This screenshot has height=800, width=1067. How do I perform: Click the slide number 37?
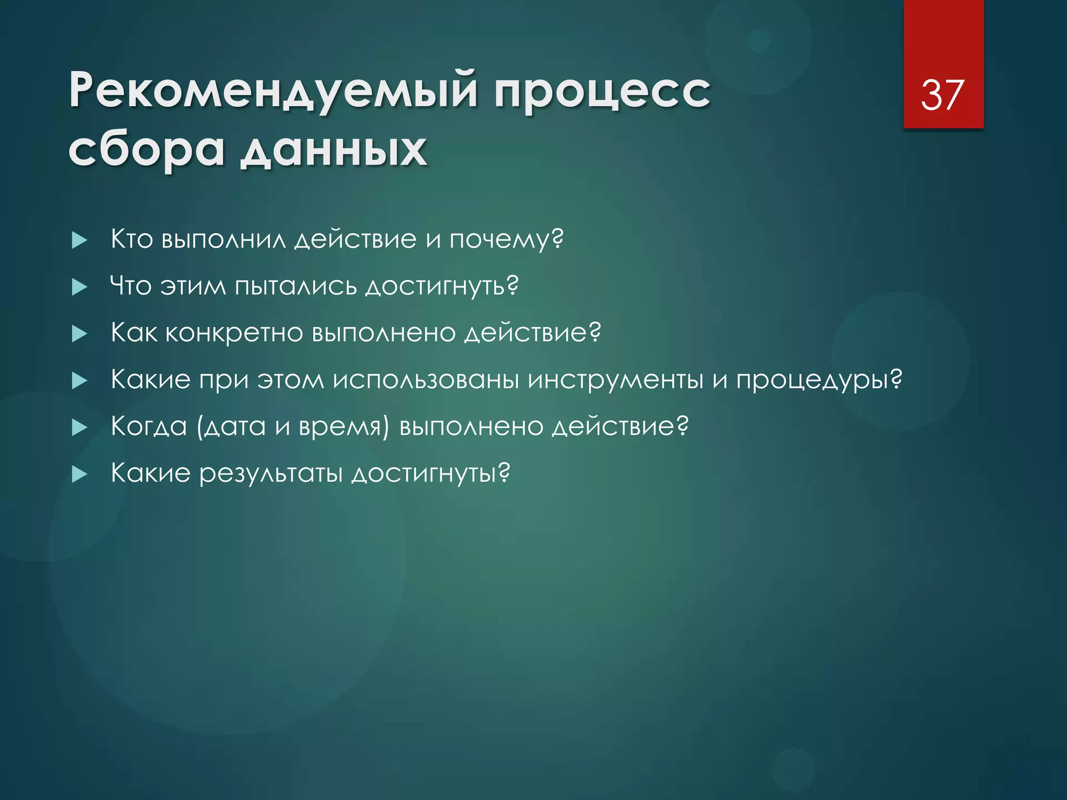[942, 95]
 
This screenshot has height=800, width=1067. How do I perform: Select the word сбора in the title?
[146, 150]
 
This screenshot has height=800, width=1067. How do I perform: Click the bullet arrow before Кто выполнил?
[79, 240]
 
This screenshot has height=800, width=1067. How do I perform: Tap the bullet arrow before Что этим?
[79, 287]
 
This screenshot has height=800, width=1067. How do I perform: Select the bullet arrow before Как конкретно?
[79, 334]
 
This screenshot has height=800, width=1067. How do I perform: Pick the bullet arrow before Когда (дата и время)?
[79, 428]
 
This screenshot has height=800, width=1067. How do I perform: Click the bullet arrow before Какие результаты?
[79, 474]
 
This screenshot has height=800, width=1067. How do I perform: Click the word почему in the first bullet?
[505, 240]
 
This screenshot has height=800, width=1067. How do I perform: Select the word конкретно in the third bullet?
[234, 333]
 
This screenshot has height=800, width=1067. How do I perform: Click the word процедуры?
[818, 380]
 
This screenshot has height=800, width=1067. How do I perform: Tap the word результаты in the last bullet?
[271, 474]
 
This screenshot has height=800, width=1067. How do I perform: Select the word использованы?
[426, 380]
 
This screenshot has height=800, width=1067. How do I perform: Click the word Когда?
[149, 427]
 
